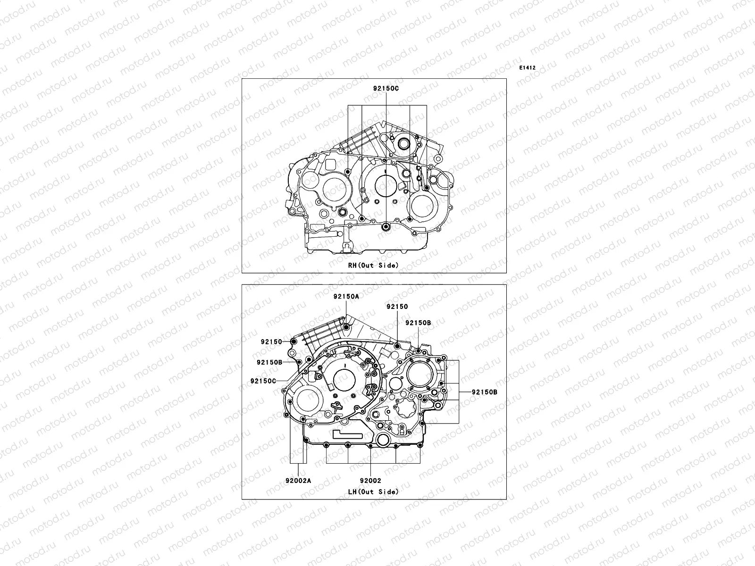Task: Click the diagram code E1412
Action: tap(527, 68)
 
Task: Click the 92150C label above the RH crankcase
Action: tap(386, 88)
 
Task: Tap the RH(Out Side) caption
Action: tap(373, 265)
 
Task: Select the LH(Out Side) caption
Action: tap(373, 491)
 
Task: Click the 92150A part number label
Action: tap(345, 297)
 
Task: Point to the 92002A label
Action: tap(298, 481)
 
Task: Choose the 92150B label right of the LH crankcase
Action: tap(484, 392)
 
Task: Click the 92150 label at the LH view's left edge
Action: tap(271, 341)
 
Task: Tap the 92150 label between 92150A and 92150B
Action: tap(397, 307)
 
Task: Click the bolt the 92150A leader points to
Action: tap(346, 327)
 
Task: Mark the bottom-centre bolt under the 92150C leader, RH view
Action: tap(386, 228)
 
